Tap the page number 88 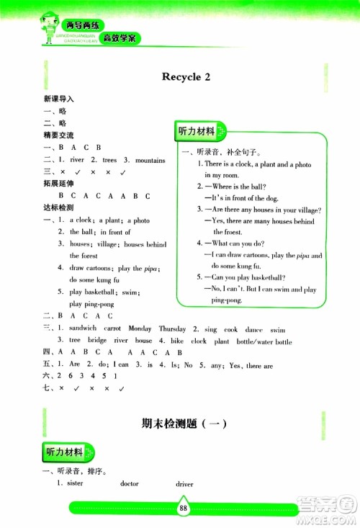point(184,509)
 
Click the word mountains point(150,160)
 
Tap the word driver point(184,484)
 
